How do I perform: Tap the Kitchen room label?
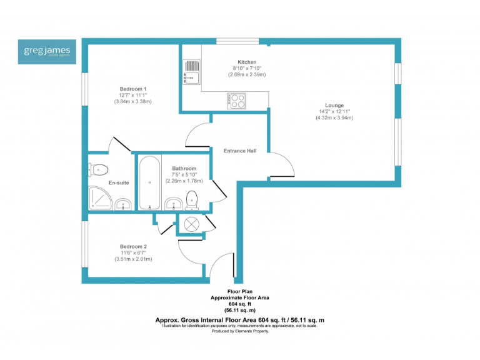(x=247, y=62)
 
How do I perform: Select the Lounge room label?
(x=334, y=105)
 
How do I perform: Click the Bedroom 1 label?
(x=133, y=89)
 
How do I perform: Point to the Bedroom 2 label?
(x=133, y=246)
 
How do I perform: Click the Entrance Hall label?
(x=241, y=151)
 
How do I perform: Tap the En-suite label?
(x=119, y=182)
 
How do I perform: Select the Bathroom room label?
(x=184, y=169)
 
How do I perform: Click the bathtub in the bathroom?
(x=149, y=184)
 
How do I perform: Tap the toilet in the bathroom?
(x=192, y=199)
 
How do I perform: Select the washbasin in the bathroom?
(x=173, y=203)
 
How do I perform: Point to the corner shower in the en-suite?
(x=99, y=199)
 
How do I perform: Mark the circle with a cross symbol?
(x=190, y=224)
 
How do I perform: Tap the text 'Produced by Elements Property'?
(x=240, y=331)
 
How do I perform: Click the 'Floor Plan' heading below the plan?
(x=240, y=292)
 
